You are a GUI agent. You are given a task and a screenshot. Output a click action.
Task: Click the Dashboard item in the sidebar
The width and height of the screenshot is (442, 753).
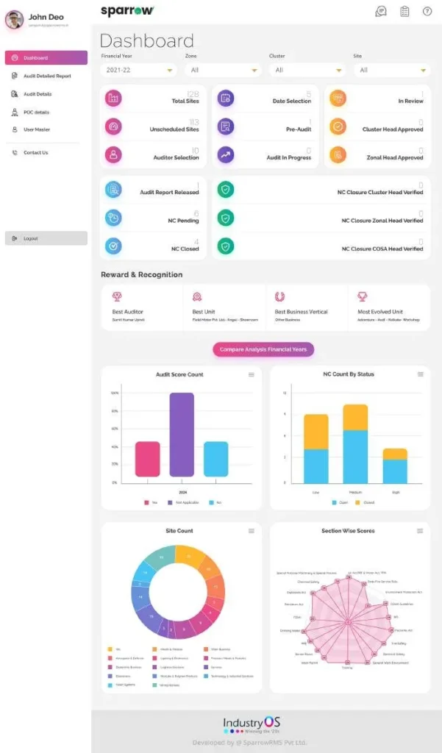[46, 57]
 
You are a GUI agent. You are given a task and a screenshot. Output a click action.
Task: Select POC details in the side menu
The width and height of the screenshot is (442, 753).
[36, 112]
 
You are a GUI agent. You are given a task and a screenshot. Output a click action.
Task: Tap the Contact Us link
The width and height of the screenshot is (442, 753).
[35, 152]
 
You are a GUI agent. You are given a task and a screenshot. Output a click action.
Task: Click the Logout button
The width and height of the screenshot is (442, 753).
[46, 238]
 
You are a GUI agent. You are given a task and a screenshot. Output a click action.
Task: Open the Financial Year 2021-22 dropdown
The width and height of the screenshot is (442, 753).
[139, 70]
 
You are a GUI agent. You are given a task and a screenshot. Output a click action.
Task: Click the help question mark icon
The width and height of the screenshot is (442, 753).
[427, 11]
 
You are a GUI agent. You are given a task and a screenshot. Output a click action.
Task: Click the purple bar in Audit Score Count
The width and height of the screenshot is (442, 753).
[182, 435]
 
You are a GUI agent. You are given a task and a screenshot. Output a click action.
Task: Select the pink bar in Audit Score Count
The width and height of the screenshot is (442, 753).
[147, 459]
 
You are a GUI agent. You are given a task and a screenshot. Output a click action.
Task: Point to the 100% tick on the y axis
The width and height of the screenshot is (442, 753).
[114, 393]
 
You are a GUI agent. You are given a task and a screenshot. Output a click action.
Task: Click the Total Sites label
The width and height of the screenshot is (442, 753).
[185, 101]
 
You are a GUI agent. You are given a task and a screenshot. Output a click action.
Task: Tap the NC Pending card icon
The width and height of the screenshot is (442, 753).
[113, 218]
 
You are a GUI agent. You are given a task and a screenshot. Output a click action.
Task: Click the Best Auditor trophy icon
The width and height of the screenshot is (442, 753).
[117, 296]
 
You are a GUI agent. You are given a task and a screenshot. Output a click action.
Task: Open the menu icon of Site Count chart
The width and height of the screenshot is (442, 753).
[252, 530]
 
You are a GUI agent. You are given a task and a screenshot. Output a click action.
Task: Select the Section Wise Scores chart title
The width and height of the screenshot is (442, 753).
[347, 530]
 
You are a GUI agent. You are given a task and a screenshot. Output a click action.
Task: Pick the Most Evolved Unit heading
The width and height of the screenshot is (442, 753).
[380, 312]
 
